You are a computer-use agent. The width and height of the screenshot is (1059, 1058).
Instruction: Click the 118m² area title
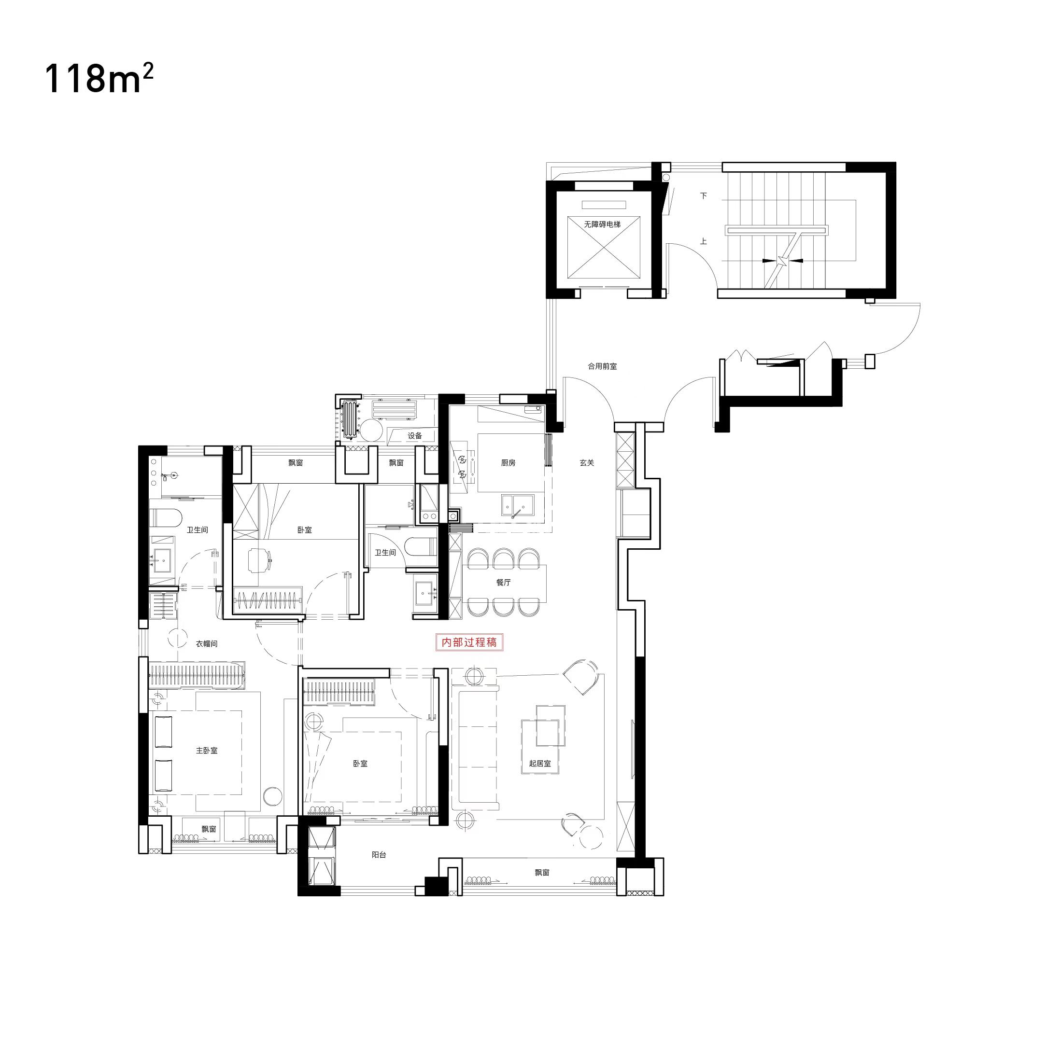[99, 79]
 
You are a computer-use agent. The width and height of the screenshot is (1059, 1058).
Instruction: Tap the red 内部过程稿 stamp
[469, 642]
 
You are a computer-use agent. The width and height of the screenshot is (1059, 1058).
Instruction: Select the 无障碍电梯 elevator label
[602, 224]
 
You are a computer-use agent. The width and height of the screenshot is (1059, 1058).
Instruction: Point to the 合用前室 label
[602, 366]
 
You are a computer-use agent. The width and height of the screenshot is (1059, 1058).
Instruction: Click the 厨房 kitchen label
[508, 463]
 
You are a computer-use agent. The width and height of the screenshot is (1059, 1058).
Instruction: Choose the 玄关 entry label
[587, 463]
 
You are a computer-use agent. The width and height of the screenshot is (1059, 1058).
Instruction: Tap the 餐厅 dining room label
[504, 583]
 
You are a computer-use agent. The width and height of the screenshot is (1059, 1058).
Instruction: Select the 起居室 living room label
[540, 763]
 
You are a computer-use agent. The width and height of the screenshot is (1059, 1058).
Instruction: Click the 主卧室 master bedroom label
[207, 751]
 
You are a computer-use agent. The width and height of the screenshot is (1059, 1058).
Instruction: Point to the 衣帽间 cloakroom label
[207, 644]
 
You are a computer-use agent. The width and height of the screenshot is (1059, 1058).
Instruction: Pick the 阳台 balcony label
[379, 855]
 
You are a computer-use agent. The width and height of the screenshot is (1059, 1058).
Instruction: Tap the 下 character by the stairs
[704, 195]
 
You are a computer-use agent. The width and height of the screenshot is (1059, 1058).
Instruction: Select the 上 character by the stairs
[704, 241]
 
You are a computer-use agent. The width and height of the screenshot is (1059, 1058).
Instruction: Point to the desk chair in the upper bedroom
[260, 560]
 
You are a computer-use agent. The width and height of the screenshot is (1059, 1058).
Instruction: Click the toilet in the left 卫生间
[165, 518]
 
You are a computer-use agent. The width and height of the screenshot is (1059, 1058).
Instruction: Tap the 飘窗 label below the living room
[542, 873]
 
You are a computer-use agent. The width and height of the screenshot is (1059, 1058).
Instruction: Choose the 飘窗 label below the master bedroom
[209, 829]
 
